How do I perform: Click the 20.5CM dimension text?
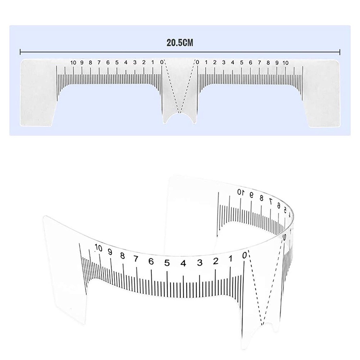pyautogui.click(x=180, y=43)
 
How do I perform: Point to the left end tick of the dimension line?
pyautogui.click(x=20, y=52)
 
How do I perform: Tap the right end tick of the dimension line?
pyautogui.click(x=340, y=52)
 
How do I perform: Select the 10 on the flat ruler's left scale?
pyautogui.click(x=73, y=63)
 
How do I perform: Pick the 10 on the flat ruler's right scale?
pyautogui.click(x=285, y=63)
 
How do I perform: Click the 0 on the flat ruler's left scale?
pyautogui.click(x=161, y=62)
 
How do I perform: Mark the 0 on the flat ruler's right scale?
pyautogui.click(x=198, y=63)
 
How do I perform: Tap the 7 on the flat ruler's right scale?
pyautogui.click(x=259, y=63)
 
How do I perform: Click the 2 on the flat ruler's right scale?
pyautogui.click(x=215, y=63)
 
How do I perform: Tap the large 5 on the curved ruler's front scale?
pyautogui.click(x=167, y=263)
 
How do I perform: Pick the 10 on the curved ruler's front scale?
pyautogui.click(x=98, y=248)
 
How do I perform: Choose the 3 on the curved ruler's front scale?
pyautogui.click(x=200, y=263)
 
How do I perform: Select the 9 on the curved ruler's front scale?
pyautogui.click(x=110, y=252)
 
